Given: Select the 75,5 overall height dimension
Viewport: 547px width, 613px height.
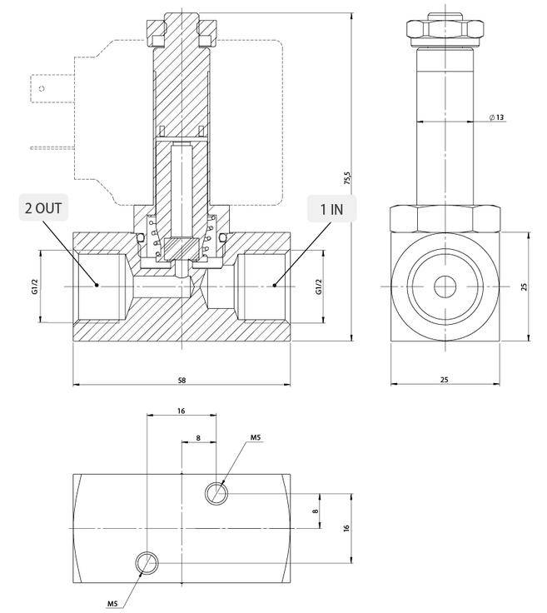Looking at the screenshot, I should coord(347,179).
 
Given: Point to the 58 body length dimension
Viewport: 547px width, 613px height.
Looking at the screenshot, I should coord(182,380).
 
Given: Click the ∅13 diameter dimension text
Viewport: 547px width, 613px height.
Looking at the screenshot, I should coord(496,117).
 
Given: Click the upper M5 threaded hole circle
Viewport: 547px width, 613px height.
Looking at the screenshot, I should coord(216,493).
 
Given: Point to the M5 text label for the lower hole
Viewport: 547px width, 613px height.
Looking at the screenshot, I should coord(112,602).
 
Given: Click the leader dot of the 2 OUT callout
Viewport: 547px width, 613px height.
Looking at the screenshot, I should coord(98,286).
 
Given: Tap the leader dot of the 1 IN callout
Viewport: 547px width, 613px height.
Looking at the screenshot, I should coord(274,286).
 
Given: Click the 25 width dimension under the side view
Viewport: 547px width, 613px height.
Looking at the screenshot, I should coord(444,380).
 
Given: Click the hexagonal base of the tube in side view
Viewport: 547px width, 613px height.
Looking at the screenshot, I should coord(444,218).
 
